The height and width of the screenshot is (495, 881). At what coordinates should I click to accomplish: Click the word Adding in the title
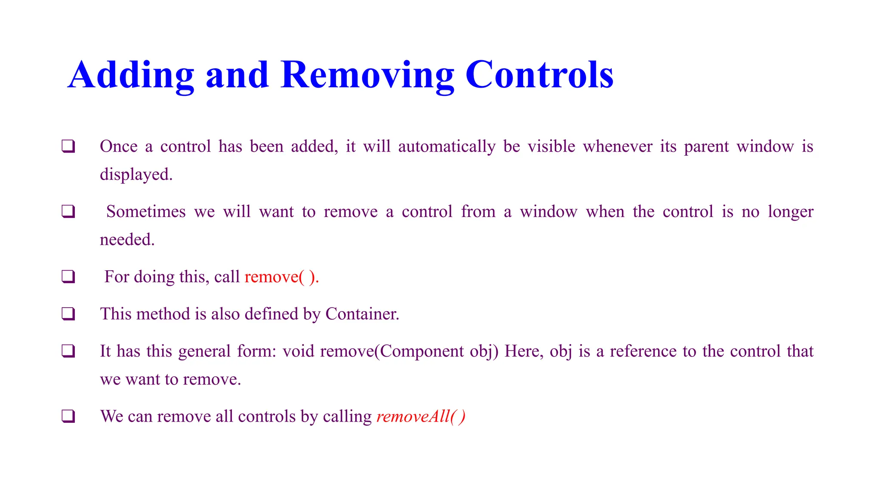pos(131,75)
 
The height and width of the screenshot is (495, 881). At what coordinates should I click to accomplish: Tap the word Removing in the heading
pos(367,75)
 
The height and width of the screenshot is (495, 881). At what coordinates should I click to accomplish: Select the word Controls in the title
pos(539,75)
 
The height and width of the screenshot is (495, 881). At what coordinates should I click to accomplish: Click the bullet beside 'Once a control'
pos(68,147)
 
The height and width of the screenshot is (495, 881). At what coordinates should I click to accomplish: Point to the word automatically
pos(447,147)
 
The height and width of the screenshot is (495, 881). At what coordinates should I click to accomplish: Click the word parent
pos(706,147)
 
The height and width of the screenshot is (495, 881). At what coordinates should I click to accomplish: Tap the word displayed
pos(136,174)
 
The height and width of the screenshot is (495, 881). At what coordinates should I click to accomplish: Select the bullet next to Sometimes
pos(68,212)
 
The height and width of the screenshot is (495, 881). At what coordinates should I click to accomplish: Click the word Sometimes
pos(146,212)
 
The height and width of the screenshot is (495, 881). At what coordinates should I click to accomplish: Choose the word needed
pos(127,240)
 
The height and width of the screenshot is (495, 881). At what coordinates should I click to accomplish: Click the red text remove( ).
pos(281,277)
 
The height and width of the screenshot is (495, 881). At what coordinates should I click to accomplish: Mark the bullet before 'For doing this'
pos(68,277)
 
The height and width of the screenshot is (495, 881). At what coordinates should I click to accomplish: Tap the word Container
pos(362,314)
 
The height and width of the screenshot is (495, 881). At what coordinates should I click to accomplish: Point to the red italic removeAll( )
pos(420,416)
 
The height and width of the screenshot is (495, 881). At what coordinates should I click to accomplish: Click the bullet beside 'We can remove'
pos(68,416)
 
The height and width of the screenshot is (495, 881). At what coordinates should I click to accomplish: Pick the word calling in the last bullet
pos(347,416)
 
